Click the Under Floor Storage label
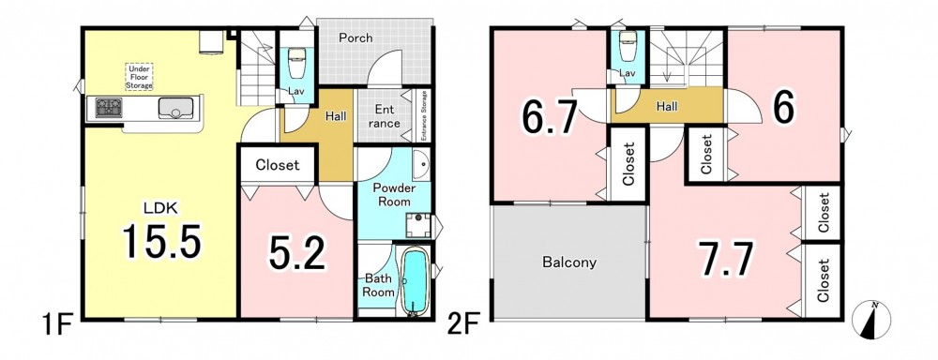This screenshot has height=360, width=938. click(x=139, y=77)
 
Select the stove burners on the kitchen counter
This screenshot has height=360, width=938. click(x=109, y=108)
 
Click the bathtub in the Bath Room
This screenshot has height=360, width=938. click(x=414, y=281)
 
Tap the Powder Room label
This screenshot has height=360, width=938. click(x=394, y=196)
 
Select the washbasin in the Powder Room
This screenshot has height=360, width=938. click(x=421, y=164)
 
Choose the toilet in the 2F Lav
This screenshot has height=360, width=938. click(x=628, y=48)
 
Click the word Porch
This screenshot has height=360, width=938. click(x=356, y=38)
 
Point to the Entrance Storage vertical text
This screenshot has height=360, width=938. click(x=424, y=116)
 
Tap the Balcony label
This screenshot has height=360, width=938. click(x=569, y=262)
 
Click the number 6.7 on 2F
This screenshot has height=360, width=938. click(x=550, y=116)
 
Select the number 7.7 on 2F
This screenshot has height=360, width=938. click(x=726, y=258)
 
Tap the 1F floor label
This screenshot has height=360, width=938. click(x=57, y=327)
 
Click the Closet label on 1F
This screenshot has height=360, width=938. click(x=278, y=164)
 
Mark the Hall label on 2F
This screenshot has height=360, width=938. click(x=667, y=107)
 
